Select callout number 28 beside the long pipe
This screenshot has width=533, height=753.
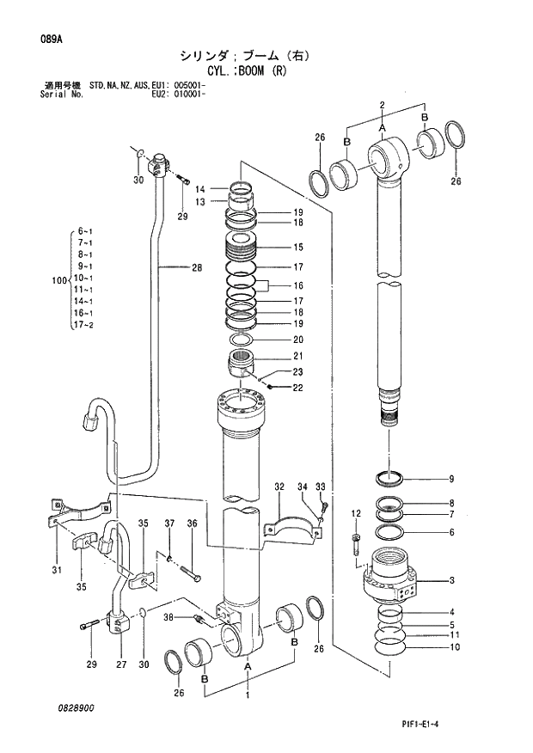point(196,267)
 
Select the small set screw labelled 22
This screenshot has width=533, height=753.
point(269,385)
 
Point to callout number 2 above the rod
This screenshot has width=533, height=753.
point(380,105)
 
